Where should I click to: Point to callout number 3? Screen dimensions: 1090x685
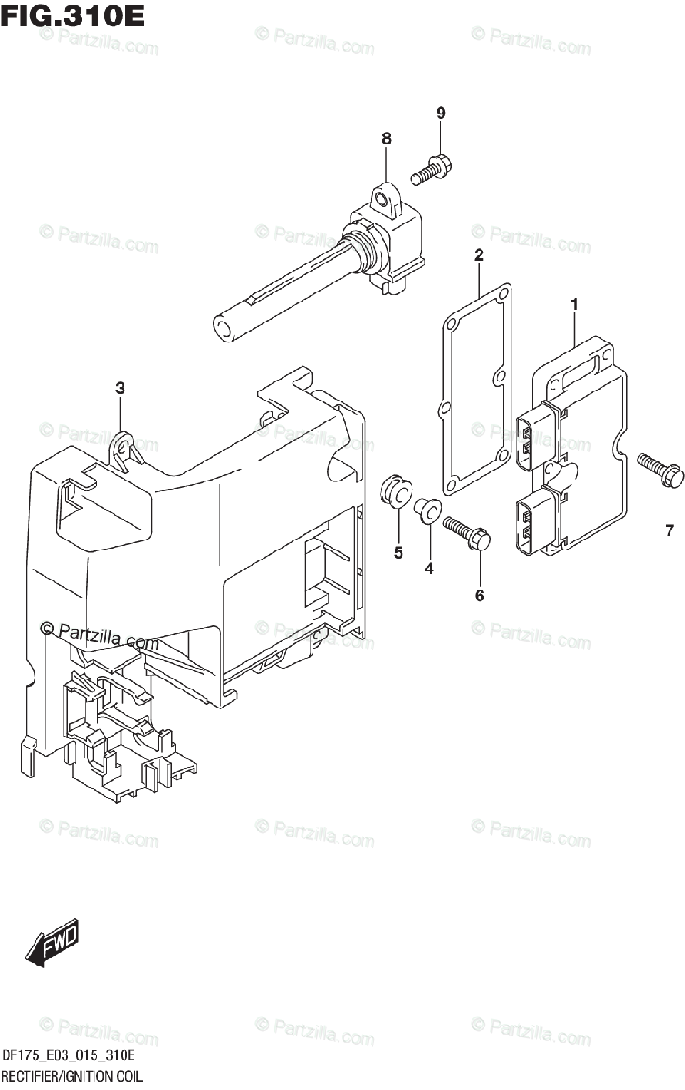[120, 388]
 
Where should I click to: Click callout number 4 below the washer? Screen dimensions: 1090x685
[429, 569]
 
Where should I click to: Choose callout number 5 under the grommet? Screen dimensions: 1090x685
[398, 551]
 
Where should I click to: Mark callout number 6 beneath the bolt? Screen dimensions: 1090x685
[479, 595]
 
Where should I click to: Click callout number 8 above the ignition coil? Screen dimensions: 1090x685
[386, 138]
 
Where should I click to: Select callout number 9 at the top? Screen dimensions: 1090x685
[441, 114]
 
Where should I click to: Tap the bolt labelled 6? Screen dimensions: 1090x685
[467, 530]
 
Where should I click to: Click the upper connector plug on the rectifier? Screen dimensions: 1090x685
[535, 439]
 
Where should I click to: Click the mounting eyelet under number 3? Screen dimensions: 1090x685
[124, 446]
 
